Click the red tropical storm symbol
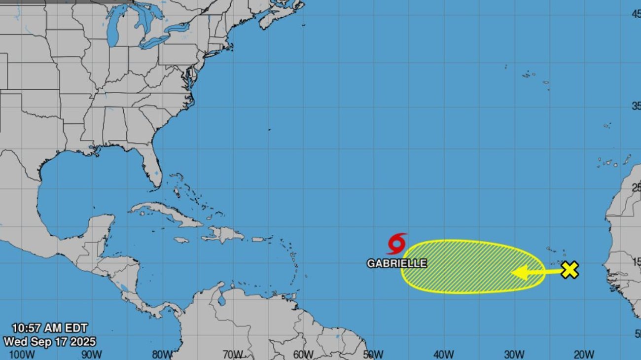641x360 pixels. pos(397,244)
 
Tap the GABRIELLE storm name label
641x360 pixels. pos(397,263)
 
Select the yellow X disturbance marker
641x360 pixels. pos(570,270)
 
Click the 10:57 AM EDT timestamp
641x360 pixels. pos(50,328)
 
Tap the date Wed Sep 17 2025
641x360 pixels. pos(50,341)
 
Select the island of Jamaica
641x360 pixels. pos(181,240)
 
